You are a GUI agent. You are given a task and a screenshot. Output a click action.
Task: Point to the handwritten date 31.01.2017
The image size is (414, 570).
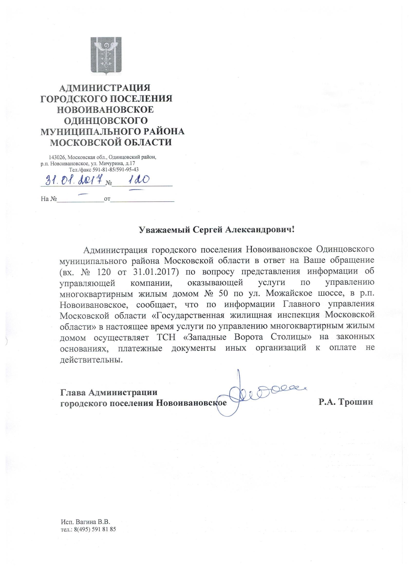pyautogui.click(x=72, y=180)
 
